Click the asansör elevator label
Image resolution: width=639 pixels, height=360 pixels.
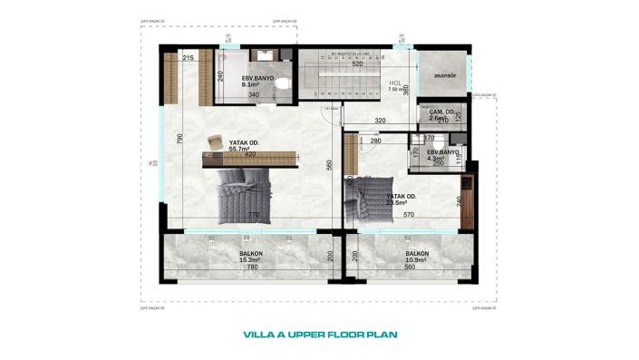tap(442, 75)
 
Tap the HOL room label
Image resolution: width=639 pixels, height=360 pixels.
tap(395, 83)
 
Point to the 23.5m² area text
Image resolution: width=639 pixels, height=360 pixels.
tap(400, 203)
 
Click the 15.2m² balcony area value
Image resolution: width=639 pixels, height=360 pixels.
tap(250, 260)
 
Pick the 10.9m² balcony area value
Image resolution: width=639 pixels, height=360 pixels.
tap(416, 260)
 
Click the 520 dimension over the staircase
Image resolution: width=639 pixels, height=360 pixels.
tap(357, 64)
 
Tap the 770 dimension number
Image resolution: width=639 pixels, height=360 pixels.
tap(254, 215)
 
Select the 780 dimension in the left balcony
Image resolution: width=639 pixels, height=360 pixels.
tap(251, 268)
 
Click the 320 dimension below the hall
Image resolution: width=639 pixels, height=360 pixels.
tap(380, 120)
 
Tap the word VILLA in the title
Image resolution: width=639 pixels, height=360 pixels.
tap(261, 334)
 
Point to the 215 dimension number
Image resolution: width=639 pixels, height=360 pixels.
tap(189, 59)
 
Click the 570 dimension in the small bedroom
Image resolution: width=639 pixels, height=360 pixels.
tap(409, 215)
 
